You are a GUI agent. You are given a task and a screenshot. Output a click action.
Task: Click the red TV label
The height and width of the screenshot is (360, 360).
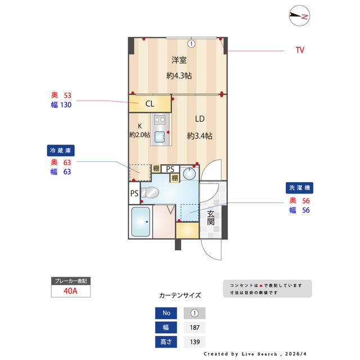300,50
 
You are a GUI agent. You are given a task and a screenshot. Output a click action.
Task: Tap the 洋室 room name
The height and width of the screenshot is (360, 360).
179,60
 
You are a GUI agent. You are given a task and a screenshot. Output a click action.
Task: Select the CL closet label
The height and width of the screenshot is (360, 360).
150,103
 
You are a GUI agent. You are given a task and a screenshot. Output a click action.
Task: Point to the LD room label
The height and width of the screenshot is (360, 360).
200,119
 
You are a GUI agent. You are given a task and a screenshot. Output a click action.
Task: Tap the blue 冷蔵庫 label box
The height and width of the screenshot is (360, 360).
61,151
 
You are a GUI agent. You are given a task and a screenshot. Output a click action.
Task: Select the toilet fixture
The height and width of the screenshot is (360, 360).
150,193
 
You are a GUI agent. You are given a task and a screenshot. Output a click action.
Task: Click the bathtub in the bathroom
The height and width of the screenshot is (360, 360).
140,222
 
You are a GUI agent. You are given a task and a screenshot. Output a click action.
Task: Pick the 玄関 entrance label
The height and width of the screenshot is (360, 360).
210,218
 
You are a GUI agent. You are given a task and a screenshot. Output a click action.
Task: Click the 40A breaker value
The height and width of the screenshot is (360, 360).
70,291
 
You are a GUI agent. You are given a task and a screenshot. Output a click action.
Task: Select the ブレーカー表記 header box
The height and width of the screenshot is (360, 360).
70,280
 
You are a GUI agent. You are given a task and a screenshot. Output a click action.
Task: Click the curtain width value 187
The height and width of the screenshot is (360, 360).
195,327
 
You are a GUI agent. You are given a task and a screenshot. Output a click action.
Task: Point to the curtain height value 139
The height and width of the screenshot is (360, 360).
195,342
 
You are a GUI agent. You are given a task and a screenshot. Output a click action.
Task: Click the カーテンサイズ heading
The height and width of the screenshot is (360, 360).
180,295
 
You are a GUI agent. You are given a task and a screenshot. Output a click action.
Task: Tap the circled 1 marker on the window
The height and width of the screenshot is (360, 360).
191,43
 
